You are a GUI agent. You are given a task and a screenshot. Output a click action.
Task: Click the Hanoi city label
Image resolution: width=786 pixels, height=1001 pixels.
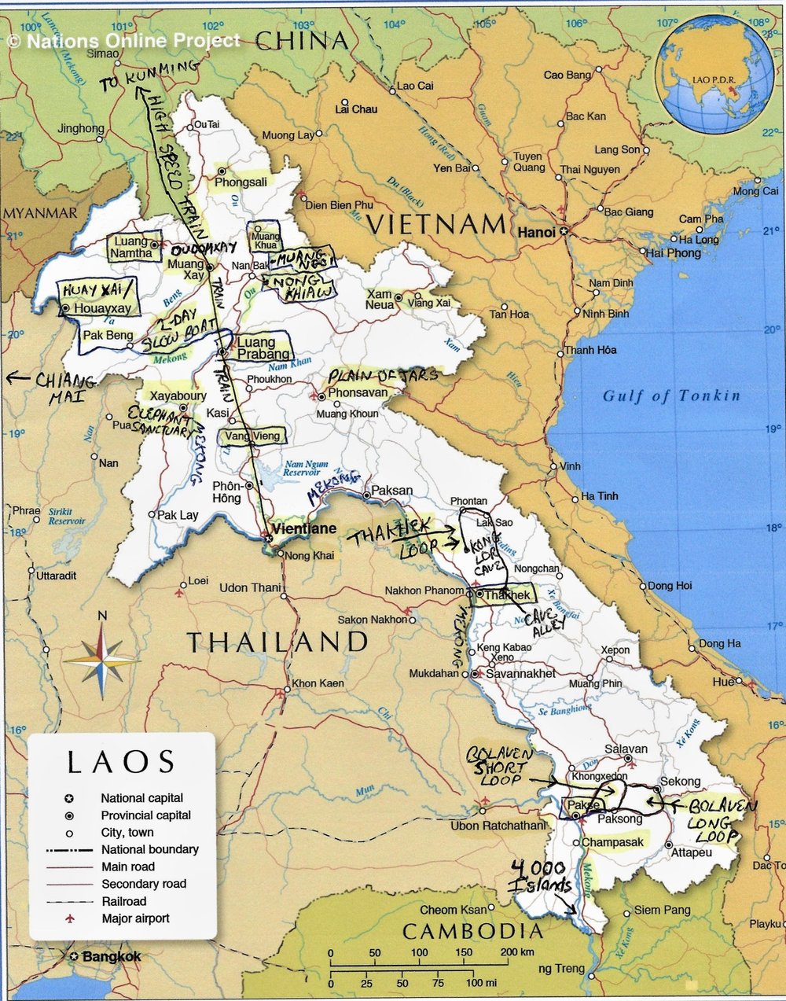click(x=536, y=232)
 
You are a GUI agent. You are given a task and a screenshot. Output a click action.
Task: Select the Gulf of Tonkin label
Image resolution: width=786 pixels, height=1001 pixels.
click(x=671, y=396)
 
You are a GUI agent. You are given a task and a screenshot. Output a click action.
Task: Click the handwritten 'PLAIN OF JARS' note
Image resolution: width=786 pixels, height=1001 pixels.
click(x=383, y=376)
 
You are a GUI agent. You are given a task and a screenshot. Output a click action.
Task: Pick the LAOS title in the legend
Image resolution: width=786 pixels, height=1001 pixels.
click(x=121, y=762)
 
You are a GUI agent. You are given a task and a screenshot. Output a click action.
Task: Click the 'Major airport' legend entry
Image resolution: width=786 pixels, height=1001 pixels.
click(x=135, y=918)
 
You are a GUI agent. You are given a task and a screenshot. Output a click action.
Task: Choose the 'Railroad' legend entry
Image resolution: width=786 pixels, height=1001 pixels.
click(x=123, y=901)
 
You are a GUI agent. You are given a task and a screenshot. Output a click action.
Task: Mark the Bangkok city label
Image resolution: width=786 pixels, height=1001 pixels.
click(x=111, y=957)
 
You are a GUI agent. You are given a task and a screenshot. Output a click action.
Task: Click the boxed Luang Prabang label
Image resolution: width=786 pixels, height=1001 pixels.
click(x=256, y=348)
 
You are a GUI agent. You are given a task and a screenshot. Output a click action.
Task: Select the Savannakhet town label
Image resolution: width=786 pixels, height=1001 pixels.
click(x=520, y=674)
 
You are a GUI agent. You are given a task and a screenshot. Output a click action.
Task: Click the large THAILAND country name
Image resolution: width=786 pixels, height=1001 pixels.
click(x=277, y=642)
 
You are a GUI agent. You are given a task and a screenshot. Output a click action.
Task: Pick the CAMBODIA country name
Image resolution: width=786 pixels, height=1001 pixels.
click(x=472, y=932)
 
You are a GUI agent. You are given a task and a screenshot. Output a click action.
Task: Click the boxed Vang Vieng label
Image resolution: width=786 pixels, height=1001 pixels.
click(x=252, y=436)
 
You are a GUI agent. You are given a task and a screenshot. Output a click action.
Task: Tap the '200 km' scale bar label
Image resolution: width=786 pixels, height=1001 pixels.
click(x=516, y=952)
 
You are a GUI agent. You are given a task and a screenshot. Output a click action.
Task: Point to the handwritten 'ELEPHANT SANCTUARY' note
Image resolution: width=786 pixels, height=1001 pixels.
click(x=160, y=421)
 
